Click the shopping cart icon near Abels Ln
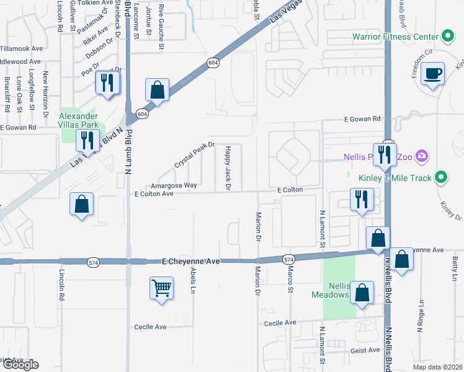161,288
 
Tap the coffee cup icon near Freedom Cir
432,74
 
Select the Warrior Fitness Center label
395,37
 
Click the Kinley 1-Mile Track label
395,179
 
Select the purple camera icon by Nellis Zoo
422,155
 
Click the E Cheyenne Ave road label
191,262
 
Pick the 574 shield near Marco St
288,258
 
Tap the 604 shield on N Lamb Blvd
142,113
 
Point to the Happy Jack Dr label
228,167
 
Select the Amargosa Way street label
174,185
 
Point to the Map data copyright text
437,367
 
